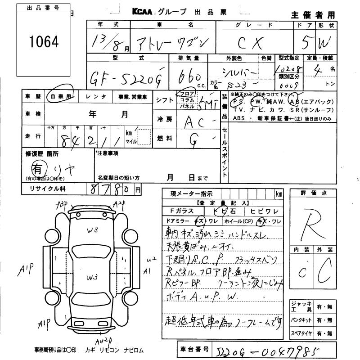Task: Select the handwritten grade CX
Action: click(253, 43)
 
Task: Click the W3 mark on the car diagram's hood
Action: click(93, 230)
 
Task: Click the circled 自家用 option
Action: click(61, 96)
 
